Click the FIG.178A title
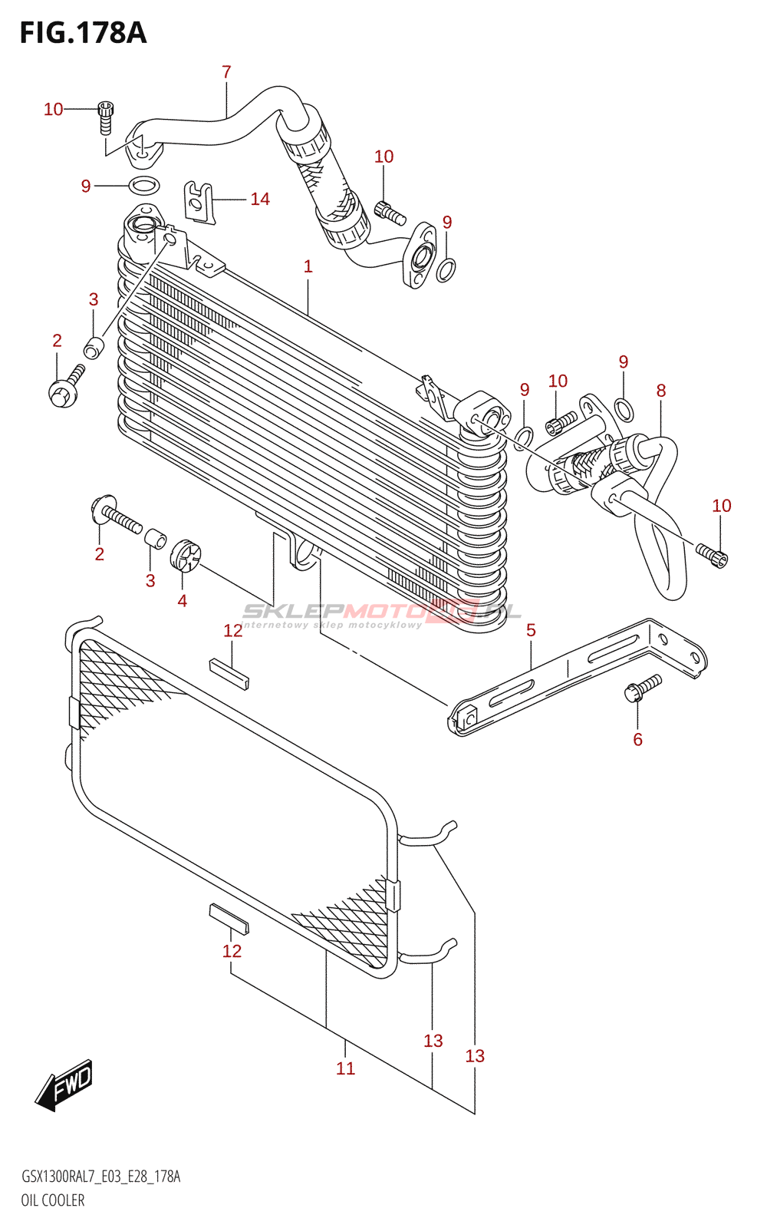tap(83, 33)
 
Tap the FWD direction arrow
tap(64, 1084)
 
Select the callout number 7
tap(226, 72)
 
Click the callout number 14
tap(260, 200)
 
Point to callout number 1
tap(308, 266)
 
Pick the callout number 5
tap(531, 630)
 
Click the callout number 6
tap(637, 739)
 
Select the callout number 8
tap(661, 391)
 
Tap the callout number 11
tap(345, 1068)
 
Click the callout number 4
tap(182, 600)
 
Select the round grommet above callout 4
tap(185, 556)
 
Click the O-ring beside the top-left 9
tap(143, 185)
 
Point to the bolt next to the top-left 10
tap(106, 117)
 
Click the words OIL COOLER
tap(53, 1200)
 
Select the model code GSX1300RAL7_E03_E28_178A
tap(100, 1177)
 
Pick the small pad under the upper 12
tap(229, 673)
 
